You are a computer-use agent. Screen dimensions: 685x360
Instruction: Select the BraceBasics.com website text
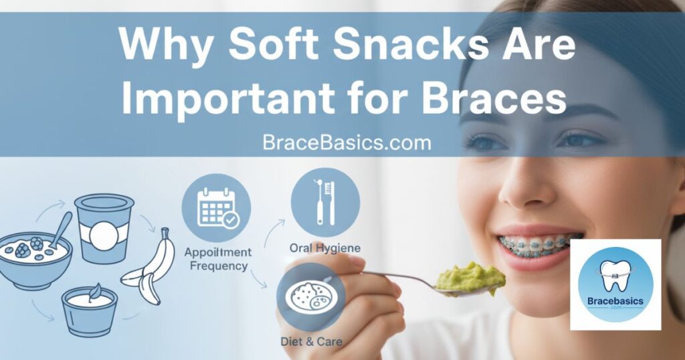pyautogui.click(x=347, y=143)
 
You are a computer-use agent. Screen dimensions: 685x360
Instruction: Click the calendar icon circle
pyautogui.click(x=216, y=207)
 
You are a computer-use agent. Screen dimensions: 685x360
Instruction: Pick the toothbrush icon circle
pyautogui.click(x=326, y=203)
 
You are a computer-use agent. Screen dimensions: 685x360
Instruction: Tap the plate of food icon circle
pyautogui.click(x=311, y=297)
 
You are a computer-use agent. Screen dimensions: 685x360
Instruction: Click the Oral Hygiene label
pyautogui.click(x=325, y=248)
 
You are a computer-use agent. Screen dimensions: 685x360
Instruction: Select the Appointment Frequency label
pyautogui.click(x=218, y=259)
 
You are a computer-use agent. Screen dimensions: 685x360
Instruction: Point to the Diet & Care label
pyautogui.click(x=312, y=341)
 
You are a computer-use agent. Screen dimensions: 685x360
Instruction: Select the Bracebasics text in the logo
pyautogui.click(x=615, y=301)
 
